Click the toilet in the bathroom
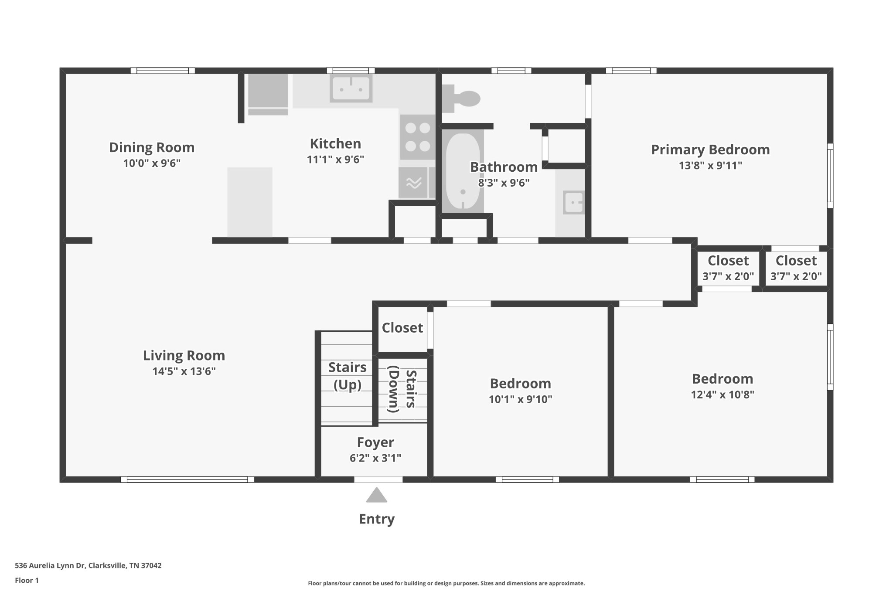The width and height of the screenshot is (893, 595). click(464, 99)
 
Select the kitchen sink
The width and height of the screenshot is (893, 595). click(351, 88)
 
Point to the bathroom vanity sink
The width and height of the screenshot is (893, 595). click(573, 203)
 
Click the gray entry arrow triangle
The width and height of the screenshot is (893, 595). click(376, 496)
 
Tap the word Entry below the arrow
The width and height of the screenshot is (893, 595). click(376, 519)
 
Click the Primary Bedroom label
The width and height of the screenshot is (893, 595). click(710, 150)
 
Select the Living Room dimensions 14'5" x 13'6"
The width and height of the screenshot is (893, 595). click(184, 371)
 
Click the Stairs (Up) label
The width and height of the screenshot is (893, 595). click(347, 376)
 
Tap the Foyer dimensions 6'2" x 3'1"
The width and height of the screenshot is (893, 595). click(375, 458)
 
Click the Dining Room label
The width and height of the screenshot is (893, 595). click(151, 147)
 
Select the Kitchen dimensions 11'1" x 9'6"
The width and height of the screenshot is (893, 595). click(335, 160)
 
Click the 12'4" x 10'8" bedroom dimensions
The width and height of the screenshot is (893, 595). click(722, 394)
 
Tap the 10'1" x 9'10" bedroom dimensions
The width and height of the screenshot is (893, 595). click(520, 399)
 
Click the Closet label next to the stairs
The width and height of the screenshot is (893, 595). click(402, 328)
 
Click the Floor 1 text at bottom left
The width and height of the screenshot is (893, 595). click(27, 580)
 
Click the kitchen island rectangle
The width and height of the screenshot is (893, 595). click(250, 202)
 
